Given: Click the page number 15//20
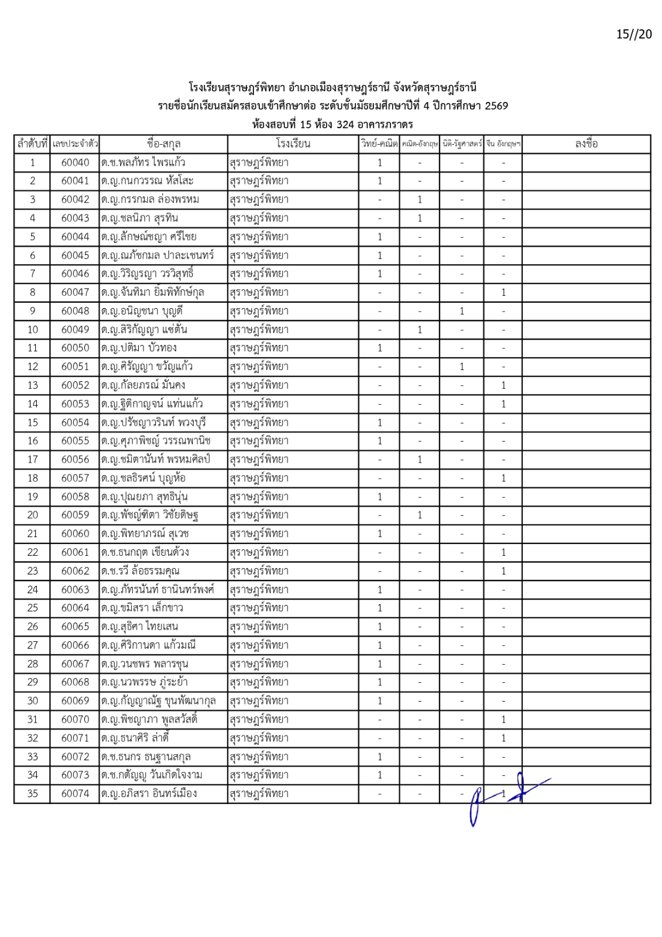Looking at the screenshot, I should (633, 34).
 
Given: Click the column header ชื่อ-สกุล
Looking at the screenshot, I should (163, 143).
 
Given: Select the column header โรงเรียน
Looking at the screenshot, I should (293, 143).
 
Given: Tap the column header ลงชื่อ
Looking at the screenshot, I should (586, 143).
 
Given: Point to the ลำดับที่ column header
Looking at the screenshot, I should (32, 143).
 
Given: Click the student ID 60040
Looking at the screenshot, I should (75, 162).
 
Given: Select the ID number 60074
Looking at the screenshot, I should (75, 794).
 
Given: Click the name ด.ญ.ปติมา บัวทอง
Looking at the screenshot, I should (139, 348).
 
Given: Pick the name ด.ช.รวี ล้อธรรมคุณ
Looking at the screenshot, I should (140, 571).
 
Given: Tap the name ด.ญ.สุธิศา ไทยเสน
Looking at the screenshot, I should (139, 627).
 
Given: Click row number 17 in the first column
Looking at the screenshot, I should (32, 459).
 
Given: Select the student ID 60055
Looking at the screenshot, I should (75, 441).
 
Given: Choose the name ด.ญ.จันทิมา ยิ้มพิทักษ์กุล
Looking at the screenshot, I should (152, 292).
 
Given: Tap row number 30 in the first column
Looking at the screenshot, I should (32, 700).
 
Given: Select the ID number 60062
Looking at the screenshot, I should (75, 571).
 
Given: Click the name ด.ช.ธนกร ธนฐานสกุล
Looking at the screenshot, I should (146, 757).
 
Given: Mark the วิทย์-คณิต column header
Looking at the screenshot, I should (379, 143).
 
